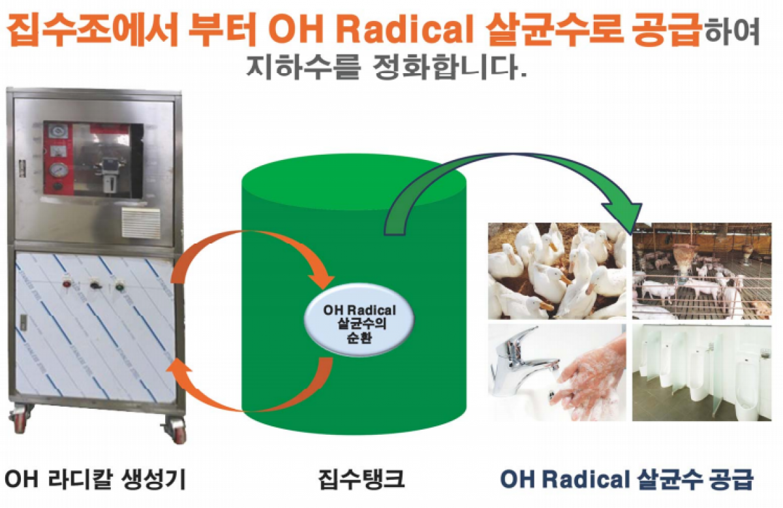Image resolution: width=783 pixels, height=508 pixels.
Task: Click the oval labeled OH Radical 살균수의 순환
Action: (x=360, y=320)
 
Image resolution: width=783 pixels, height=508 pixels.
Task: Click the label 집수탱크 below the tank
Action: (x=361, y=479)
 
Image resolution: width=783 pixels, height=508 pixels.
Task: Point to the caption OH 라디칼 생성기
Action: (x=95, y=479)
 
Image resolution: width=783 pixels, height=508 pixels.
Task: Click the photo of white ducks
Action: (x=557, y=271)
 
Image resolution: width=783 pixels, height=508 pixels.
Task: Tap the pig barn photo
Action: (x=702, y=271)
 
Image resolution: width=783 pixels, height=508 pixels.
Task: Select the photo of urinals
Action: (x=702, y=373)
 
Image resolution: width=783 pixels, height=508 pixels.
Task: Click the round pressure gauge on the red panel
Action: (x=57, y=170)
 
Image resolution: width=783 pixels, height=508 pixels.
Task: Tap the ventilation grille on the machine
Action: (x=141, y=222)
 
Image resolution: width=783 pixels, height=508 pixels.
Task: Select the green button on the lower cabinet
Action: (x=119, y=286)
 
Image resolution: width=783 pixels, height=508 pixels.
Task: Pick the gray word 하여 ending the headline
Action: (x=732, y=31)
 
